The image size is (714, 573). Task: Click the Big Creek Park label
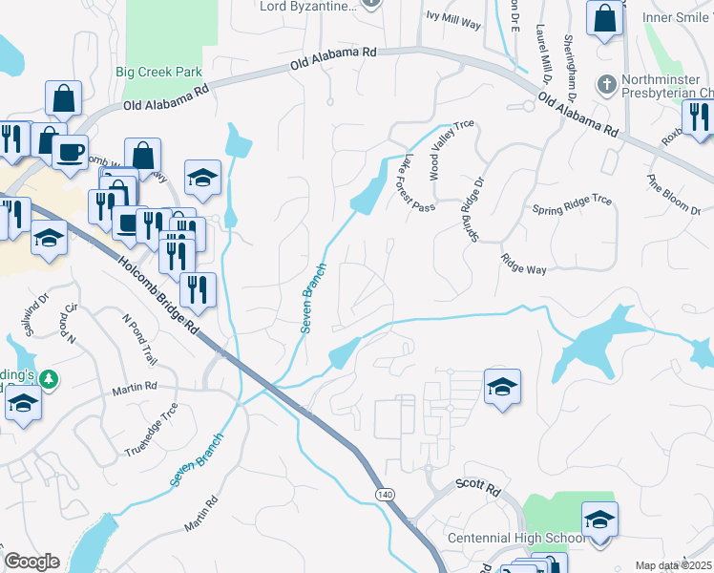(x=158, y=72)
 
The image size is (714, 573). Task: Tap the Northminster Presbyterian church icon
(x=605, y=85)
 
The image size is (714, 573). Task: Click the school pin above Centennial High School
(x=599, y=520)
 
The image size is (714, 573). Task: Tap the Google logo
(x=31, y=562)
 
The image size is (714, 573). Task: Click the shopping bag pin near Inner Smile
(x=604, y=19)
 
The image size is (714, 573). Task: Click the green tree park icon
(x=47, y=380)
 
